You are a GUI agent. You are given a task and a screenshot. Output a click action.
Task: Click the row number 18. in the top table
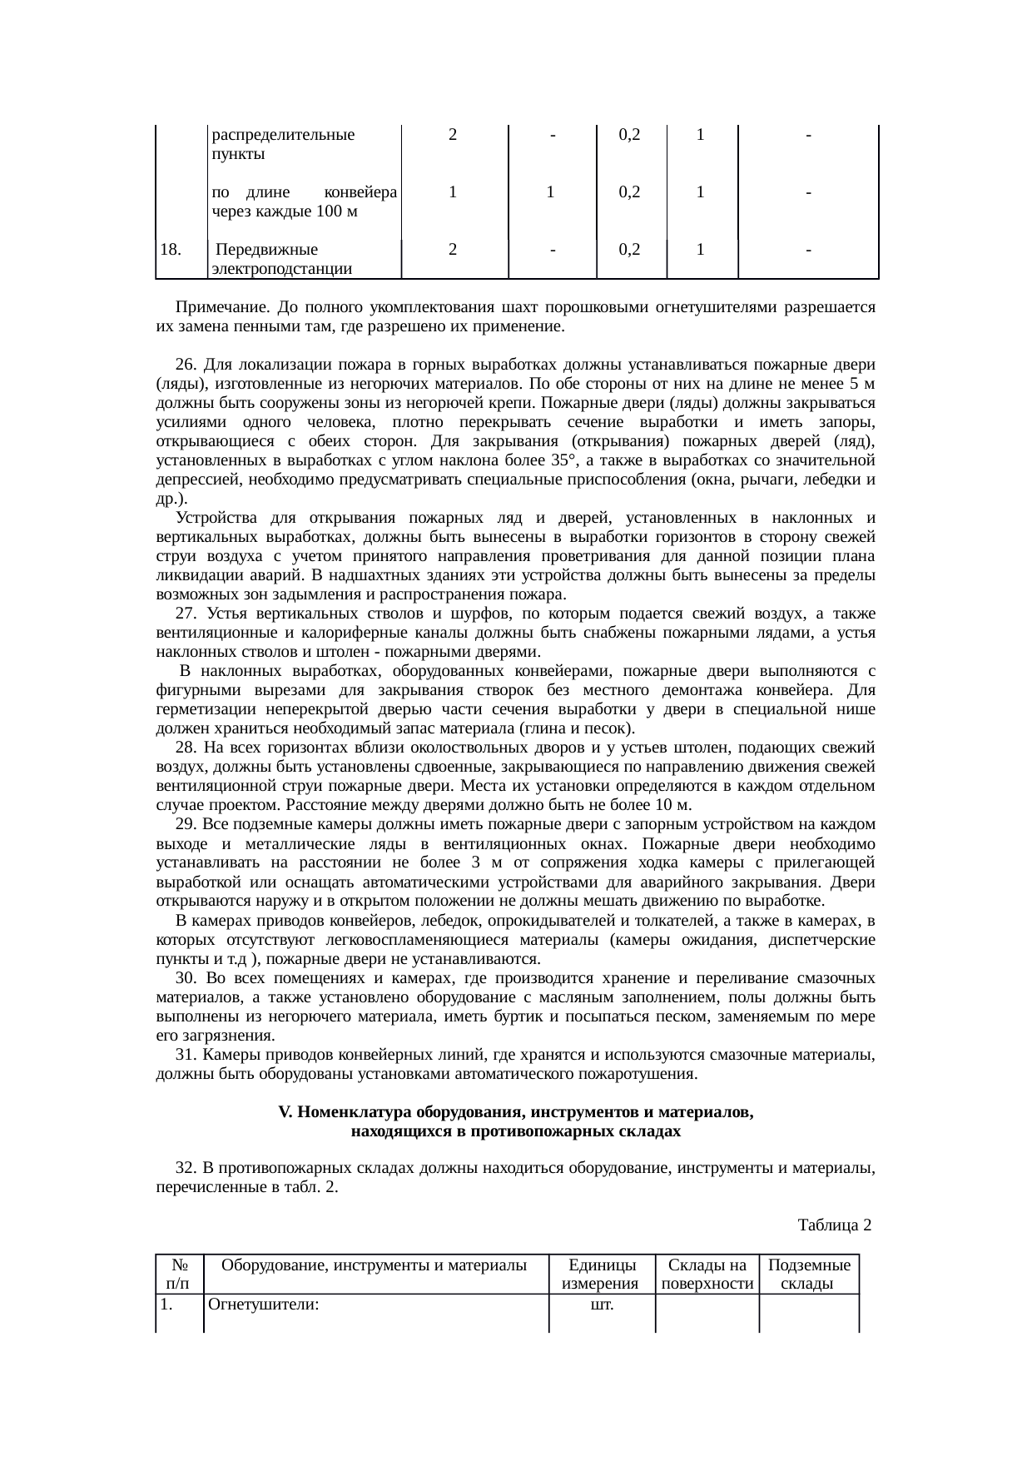click(x=171, y=249)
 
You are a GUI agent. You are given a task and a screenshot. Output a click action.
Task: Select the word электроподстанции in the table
click(x=281, y=268)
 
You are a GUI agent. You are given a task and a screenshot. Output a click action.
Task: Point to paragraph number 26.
click(x=187, y=365)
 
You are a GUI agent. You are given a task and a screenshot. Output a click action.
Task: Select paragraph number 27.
click(x=187, y=614)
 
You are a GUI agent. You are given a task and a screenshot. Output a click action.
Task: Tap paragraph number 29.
click(x=187, y=824)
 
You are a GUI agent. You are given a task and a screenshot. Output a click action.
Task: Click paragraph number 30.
click(x=187, y=978)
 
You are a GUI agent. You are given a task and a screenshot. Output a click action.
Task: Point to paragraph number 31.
click(x=187, y=1055)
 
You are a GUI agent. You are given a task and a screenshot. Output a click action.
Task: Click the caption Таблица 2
click(x=834, y=1225)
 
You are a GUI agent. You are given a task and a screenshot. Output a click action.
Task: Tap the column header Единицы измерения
click(x=600, y=1275)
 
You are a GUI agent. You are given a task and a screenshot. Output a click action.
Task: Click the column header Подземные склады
click(x=808, y=1275)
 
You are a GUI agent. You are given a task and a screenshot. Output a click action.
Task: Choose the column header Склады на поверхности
click(x=707, y=1275)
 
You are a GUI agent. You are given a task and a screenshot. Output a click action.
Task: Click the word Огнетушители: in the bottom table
click(x=264, y=1304)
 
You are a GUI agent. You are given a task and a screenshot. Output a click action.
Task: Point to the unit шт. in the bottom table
click(x=601, y=1304)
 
